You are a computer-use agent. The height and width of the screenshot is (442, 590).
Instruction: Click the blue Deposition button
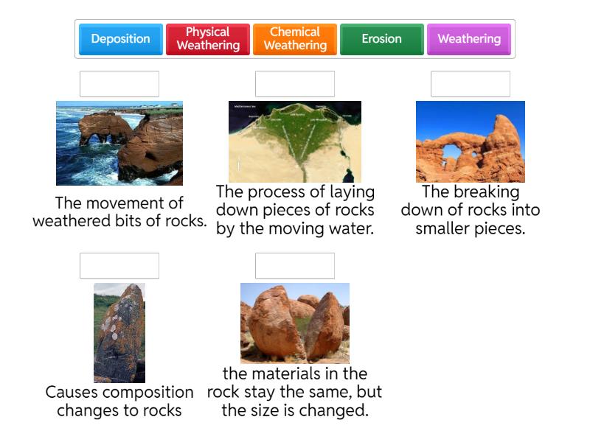(x=120, y=39)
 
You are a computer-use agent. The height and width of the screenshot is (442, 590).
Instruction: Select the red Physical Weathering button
(x=207, y=39)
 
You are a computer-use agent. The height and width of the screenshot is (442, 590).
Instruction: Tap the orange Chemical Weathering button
(x=294, y=39)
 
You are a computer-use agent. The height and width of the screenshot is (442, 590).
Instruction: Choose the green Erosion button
(x=381, y=39)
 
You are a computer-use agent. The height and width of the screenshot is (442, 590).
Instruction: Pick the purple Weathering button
(x=468, y=39)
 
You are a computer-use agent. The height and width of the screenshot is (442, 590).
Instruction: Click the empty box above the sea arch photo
(x=119, y=84)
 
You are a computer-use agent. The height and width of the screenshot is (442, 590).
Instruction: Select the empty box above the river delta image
(x=295, y=84)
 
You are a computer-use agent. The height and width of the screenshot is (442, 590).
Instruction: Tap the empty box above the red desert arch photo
(x=471, y=84)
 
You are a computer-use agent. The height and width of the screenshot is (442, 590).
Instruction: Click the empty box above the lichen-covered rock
(x=119, y=266)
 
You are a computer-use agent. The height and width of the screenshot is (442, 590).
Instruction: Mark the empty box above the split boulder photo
(x=295, y=266)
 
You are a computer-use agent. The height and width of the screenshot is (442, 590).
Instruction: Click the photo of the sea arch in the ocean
(x=119, y=143)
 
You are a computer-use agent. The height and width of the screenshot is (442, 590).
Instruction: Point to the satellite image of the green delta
(x=295, y=141)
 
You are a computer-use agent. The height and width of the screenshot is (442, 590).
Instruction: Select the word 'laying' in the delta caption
(x=350, y=192)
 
